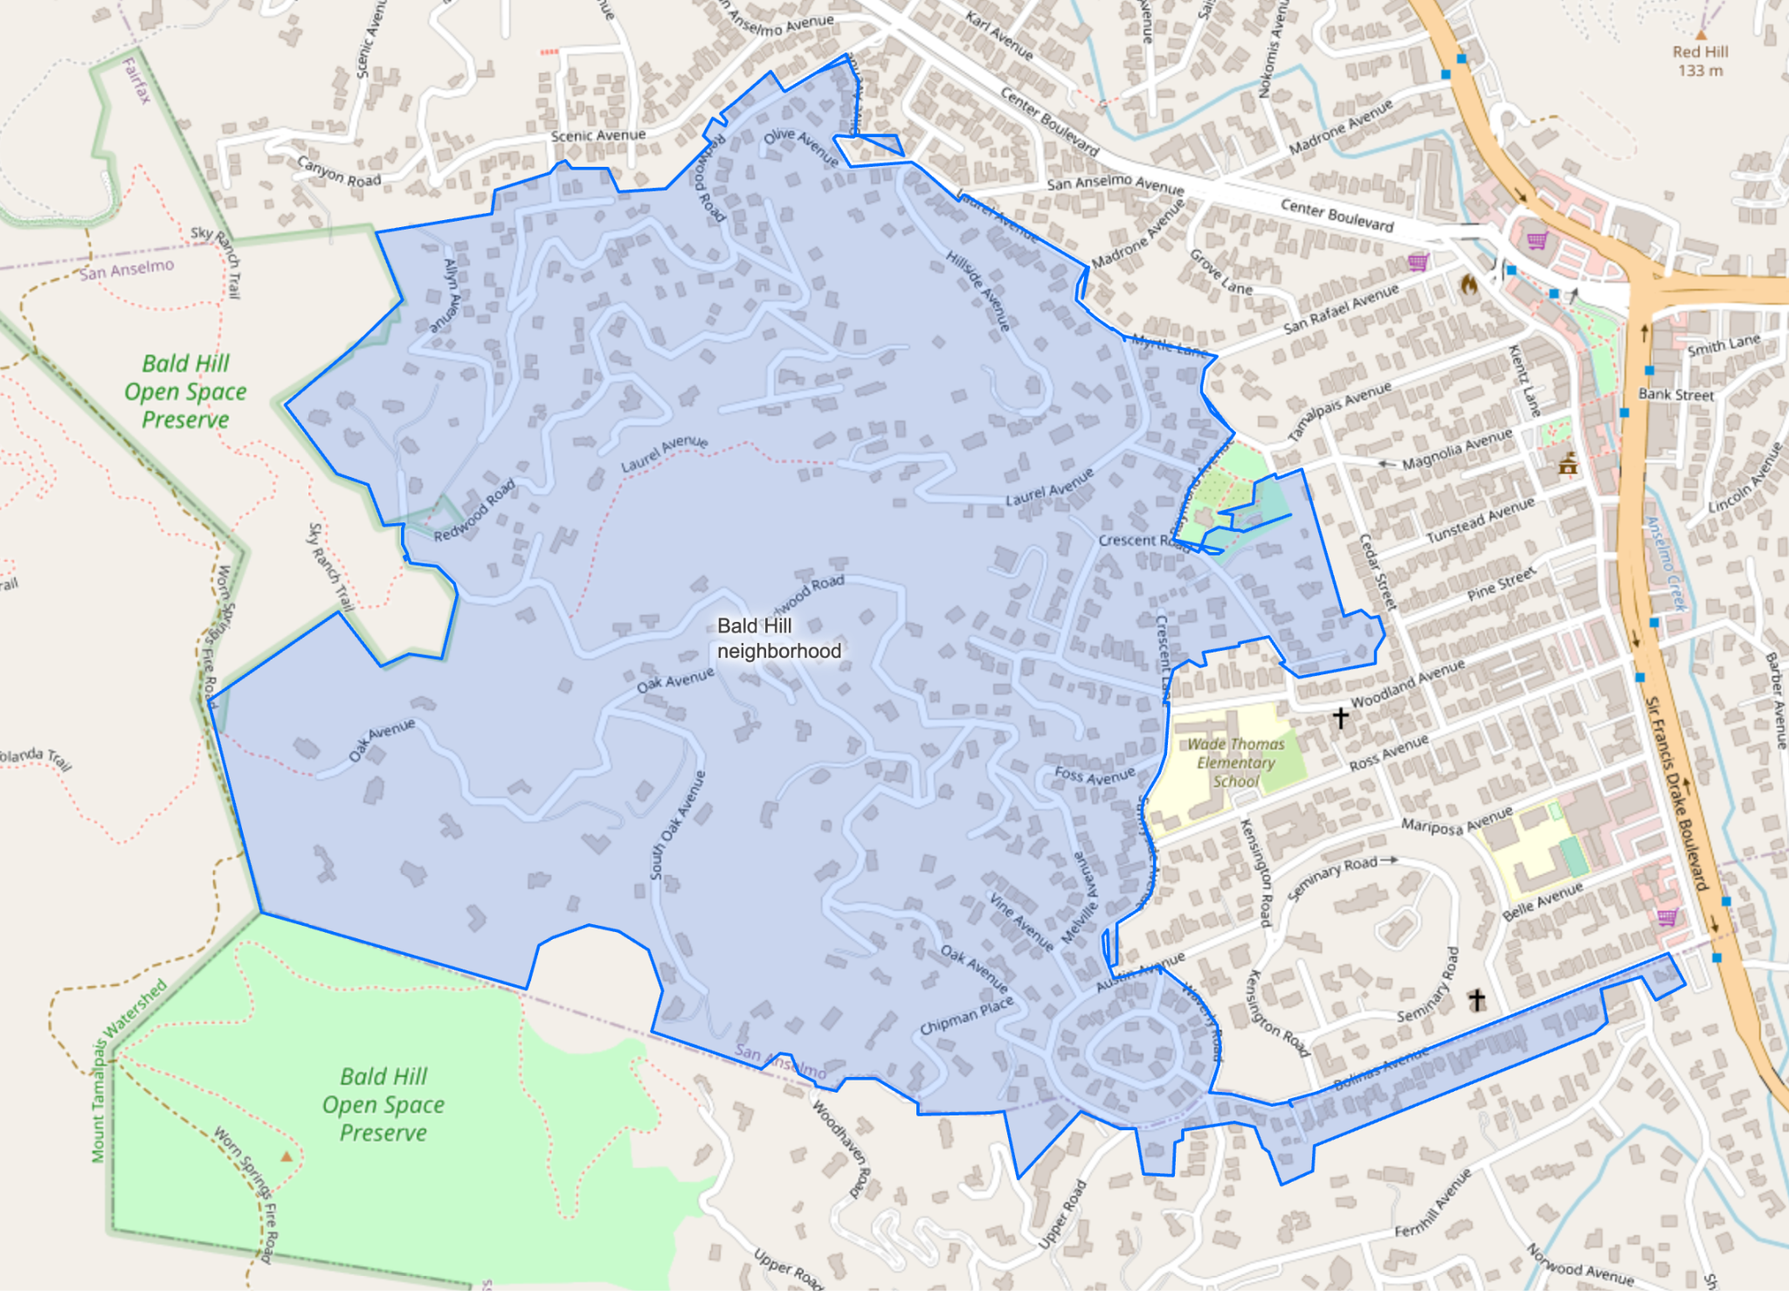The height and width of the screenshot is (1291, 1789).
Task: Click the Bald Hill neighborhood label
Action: coord(778,639)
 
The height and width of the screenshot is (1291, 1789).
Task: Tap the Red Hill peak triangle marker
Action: coord(1700,36)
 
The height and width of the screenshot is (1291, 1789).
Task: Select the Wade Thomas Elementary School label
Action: coord(1235,763)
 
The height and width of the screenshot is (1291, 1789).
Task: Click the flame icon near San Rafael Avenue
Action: coord(1468,284)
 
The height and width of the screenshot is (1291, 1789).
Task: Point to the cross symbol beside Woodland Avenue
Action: coord(1340,717)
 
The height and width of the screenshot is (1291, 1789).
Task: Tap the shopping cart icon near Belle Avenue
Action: coord(1667,917)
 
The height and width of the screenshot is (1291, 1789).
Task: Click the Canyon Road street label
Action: coord(339,171)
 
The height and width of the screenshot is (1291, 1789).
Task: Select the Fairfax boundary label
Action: coord(137,80)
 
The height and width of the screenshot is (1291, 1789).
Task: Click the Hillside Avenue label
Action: coord(978,290)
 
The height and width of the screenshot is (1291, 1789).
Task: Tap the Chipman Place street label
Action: coord(966,1016)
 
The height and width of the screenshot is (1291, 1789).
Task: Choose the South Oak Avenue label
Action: coord(678,825)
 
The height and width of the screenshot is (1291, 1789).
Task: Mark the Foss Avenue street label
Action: coord(1095,775)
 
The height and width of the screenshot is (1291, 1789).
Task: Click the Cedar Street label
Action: coord(1378,572)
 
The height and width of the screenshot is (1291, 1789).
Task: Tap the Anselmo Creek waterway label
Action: coord(1665,563)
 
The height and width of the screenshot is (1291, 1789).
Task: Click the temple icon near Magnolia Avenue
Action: coord(1568,463)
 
